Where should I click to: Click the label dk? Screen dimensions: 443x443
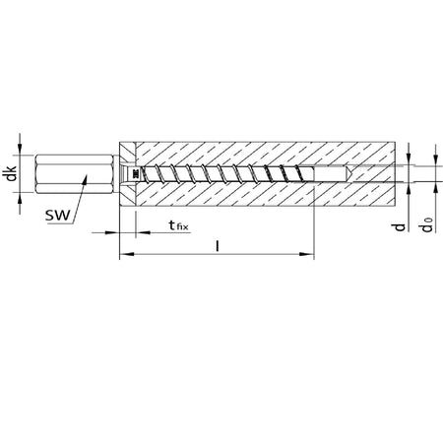point(12,173)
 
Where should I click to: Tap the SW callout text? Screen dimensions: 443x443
point(58,216)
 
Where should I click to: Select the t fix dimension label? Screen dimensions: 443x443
point(179,225)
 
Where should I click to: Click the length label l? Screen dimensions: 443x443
point(217,246)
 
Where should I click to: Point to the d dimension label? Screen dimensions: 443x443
point(400,226)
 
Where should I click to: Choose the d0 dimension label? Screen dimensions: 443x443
point(427,224)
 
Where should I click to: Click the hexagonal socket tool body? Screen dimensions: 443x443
point(75,174)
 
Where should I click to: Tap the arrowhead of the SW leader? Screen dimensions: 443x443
point(86,178)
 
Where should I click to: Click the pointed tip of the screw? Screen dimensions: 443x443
point(351,173)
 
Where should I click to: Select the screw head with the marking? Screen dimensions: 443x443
point(129,174)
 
